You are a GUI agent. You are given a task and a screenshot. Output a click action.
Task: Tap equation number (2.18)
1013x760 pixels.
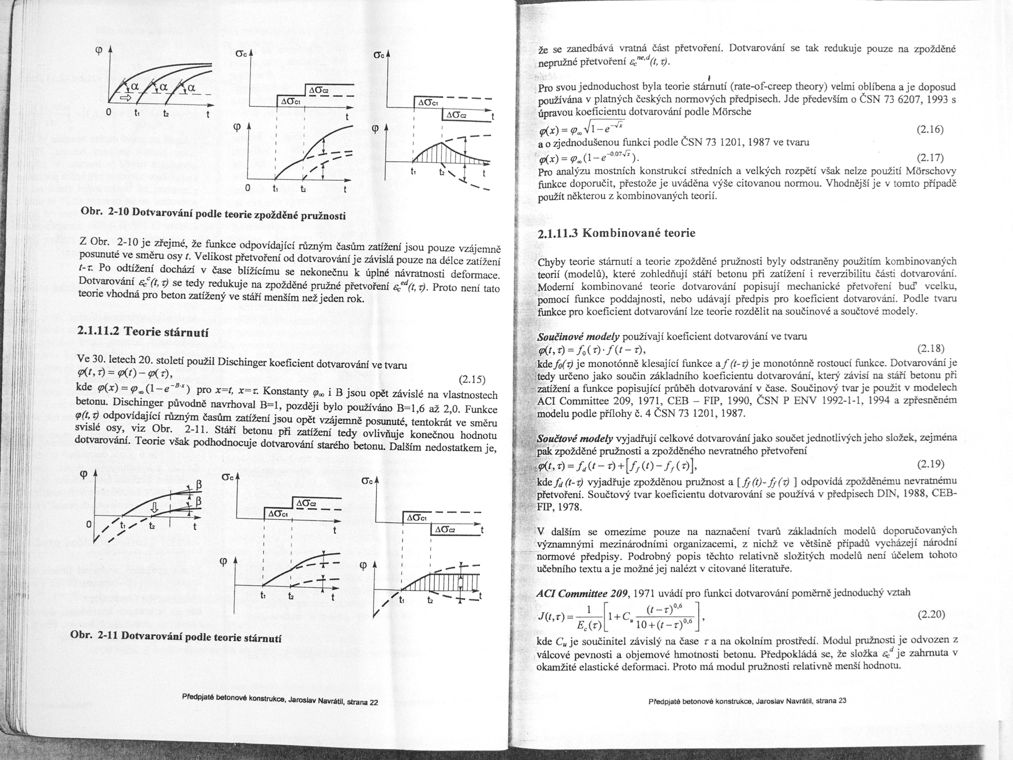click(931, 349)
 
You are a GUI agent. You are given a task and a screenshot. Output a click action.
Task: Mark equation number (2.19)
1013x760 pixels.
click(931, 464)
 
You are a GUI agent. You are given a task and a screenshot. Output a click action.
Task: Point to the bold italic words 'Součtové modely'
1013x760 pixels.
click(574, 439)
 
